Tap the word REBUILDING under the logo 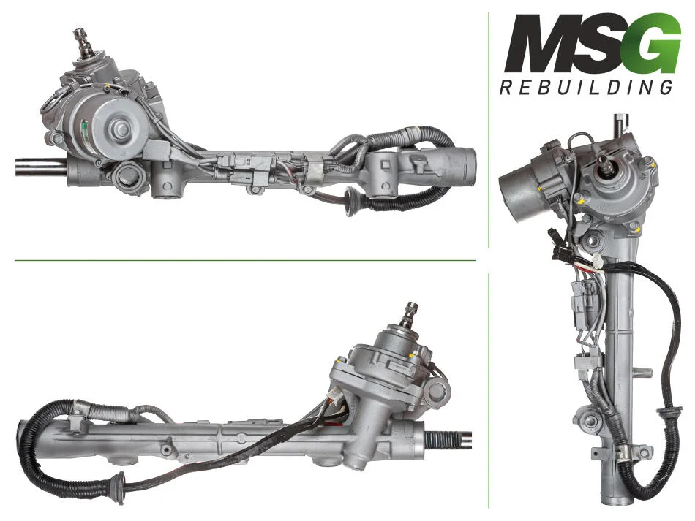586,87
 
